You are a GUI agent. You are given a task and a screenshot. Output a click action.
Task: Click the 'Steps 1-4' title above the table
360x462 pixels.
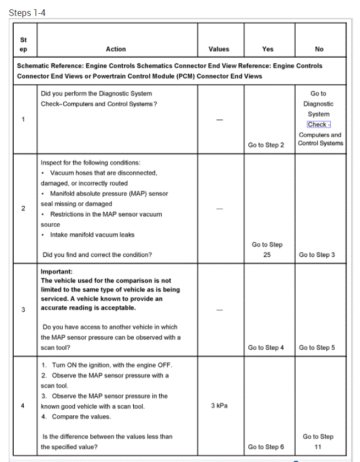coord(27,13)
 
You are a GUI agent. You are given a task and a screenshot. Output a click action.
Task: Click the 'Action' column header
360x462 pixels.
coord(116,49)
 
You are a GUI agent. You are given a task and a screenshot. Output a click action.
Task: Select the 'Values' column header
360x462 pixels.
coord(219,49)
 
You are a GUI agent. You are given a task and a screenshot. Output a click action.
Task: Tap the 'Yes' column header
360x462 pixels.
coord(268,49)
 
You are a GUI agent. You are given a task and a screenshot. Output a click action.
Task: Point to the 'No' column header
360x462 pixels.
coord(319,49)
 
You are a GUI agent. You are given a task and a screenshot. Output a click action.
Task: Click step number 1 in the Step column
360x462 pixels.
coord(23,119)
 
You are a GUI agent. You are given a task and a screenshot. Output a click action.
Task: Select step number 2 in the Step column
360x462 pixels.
coord(23,208)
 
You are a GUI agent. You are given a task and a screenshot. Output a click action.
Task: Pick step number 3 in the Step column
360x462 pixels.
coord(23,309)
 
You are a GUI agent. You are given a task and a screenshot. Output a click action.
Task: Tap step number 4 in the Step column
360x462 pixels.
coord(23,406)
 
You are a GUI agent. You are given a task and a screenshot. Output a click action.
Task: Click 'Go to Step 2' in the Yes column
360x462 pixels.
coord(266,145)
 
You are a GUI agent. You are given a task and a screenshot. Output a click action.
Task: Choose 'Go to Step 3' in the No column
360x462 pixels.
coord(317,255)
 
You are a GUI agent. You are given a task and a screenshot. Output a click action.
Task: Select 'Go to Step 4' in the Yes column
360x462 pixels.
coord(266,348)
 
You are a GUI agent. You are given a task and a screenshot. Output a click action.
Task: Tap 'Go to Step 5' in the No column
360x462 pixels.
coord(317,348)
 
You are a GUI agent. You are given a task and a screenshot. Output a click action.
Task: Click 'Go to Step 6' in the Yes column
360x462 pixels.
coord(266,447)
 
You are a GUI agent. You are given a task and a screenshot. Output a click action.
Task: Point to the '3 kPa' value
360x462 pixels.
coord(220,406)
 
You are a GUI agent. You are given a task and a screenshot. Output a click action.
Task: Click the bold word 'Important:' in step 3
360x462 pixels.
coord(56,271)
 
